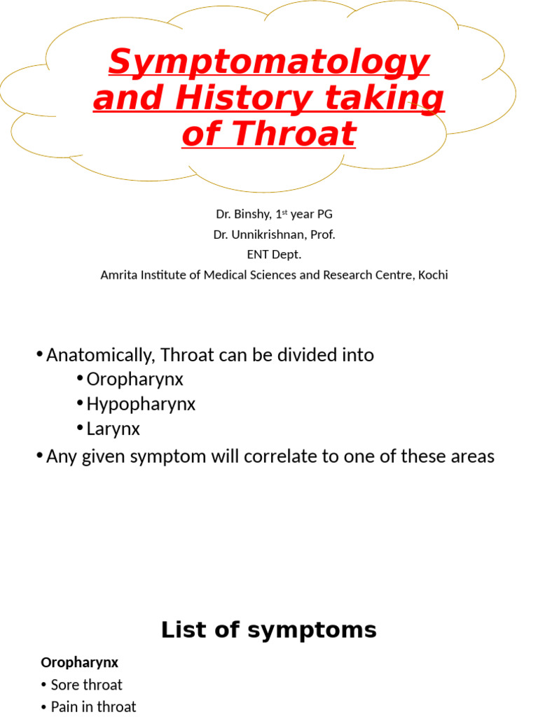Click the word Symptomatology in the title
pos(268,63)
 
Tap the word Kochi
pos(432,274)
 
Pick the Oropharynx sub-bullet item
pos(134,380)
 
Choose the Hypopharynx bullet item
pos(141,404)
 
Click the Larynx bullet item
pos(113,429)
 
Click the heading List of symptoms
pos(268,630)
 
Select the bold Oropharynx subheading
pos(79,662)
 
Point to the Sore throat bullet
pos(86,685)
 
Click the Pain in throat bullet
pos(93,706)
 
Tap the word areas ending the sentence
pos(470,457)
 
